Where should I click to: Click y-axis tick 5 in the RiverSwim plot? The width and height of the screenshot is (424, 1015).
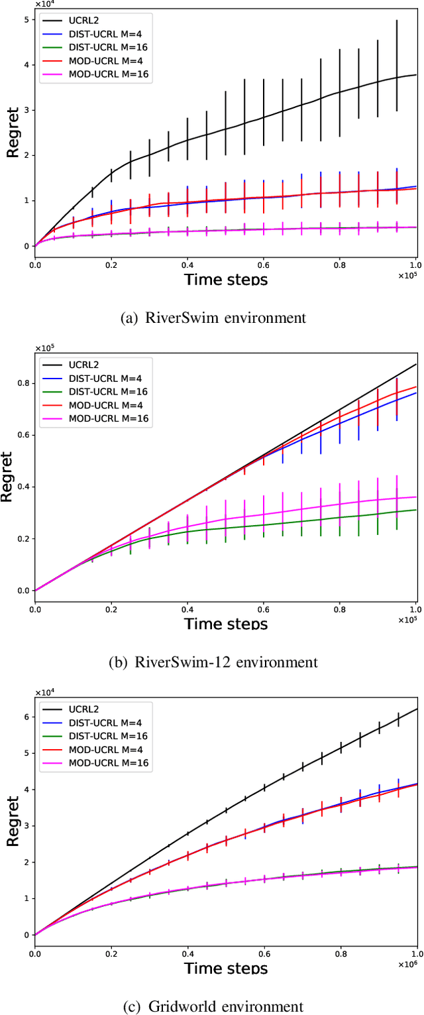[x=25, y=19]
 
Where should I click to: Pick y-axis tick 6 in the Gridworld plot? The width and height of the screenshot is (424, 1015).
[x=26, y=717]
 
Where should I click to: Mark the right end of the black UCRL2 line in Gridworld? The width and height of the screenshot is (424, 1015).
[x=416, y=709]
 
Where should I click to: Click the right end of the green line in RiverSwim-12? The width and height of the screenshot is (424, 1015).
[x=416, y=510]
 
